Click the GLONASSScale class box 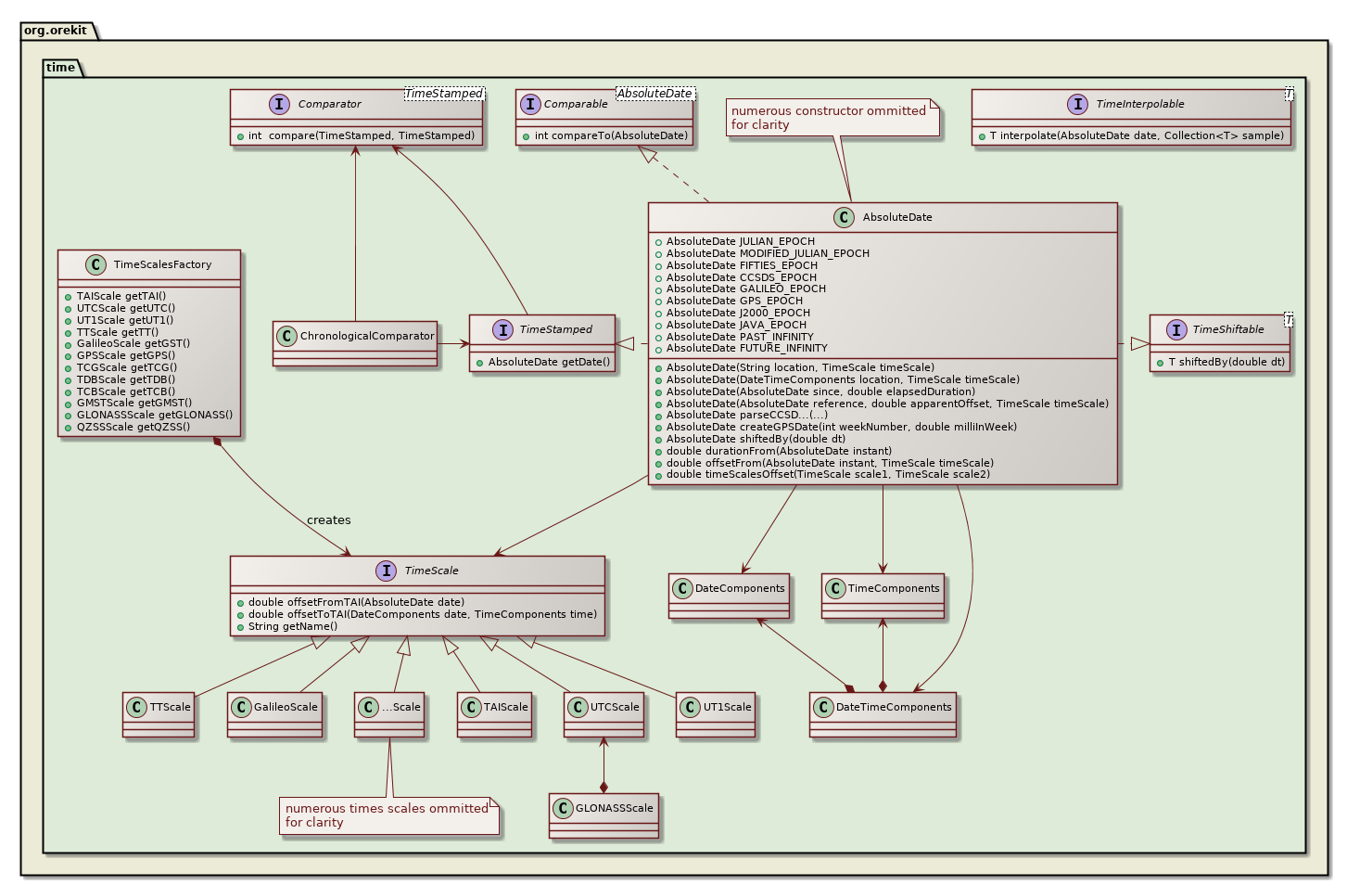[604, 815]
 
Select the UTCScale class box [604, 714]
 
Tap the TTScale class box [159, 714]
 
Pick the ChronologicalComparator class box [355, 343]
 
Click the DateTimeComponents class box [883, 714]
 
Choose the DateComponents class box [730, 596]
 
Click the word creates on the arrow [328, 520]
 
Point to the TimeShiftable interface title [1227, 329]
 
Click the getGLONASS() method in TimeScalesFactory [155, 415]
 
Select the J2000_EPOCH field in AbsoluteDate [737, 313]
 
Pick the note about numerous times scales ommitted [388, 815]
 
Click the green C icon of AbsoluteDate [843, 217]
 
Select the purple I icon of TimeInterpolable [1077, 104]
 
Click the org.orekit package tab [56, 31]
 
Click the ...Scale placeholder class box [389, 714]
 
